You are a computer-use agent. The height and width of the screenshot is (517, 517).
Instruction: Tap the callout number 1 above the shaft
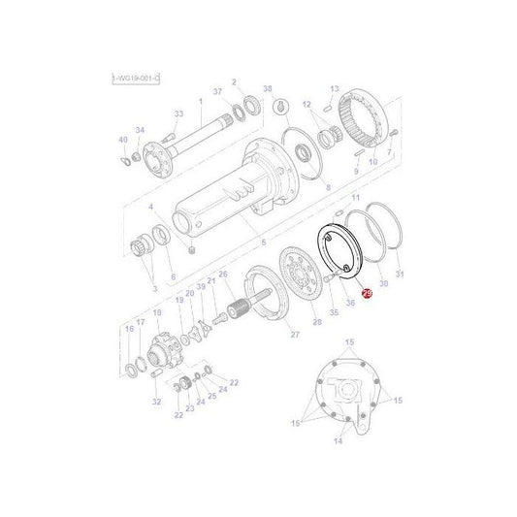pos(200,102)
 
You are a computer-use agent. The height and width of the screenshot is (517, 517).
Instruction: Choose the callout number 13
pos(335,87)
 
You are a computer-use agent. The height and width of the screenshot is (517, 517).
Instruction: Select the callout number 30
pos(383,283)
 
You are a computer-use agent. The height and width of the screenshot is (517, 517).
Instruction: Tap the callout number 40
pos(122,139)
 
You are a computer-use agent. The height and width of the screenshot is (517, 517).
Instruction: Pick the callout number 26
pos(223,274)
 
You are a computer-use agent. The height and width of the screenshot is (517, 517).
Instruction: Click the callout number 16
pos(127,329)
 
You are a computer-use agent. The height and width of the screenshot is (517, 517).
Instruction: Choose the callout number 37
pos(218,92)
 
